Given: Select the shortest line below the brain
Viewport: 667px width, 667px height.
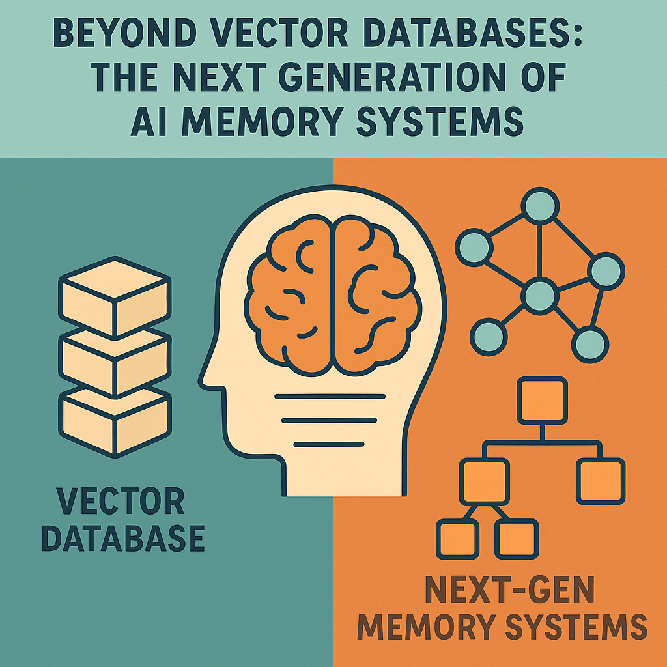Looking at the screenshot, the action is pos(328,444).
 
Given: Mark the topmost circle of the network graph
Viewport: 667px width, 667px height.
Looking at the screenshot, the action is pos(539,206).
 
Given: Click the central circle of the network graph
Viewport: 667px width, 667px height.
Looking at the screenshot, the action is pos(541,297).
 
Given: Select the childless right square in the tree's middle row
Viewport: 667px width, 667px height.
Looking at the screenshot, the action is pos(600,481).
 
